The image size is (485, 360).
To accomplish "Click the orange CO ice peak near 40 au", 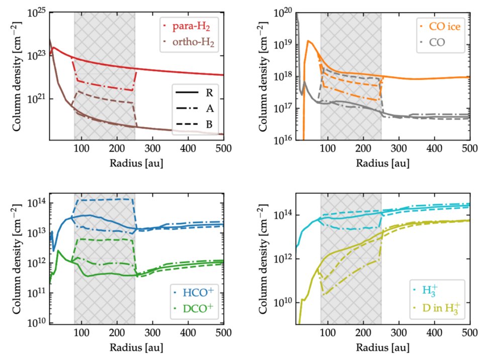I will tap(308, 41).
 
